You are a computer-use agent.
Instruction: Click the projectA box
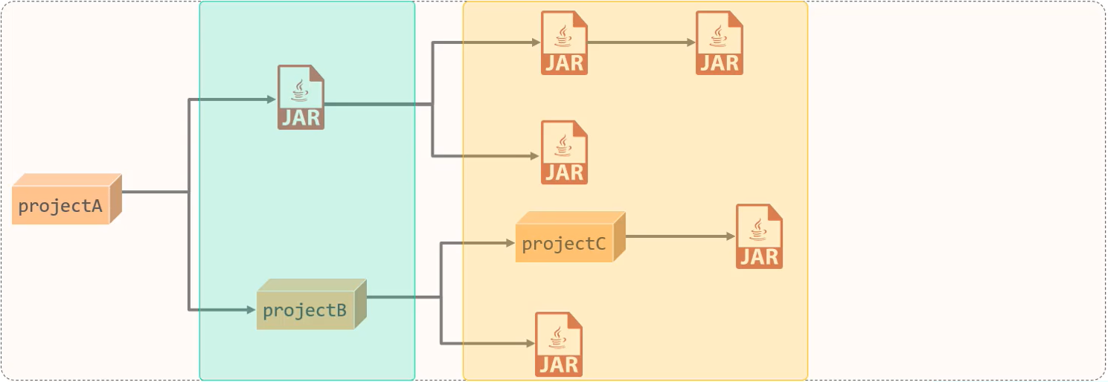(x=65, y=199)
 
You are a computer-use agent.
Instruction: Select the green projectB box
(x=310, y=305)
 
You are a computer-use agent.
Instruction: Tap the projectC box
(x=569, y=238)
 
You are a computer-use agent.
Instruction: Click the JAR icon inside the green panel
(x=301, y=97)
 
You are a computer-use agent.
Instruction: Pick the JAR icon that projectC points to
(x=759, y=236)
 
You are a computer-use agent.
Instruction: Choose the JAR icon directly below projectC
(x=558, y=344)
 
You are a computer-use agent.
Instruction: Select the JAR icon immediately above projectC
(x=564, y=152)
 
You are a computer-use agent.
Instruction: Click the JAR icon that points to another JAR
(x=564, y=43)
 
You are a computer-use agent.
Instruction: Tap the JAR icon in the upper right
(x=719, y=43)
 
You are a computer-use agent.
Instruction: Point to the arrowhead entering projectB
(x=252, y=309)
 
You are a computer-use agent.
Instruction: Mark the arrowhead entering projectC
(x=510, y=243)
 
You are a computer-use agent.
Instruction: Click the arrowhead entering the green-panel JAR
(x=272, y=100)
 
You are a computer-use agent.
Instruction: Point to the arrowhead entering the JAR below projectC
(x=531, y=343)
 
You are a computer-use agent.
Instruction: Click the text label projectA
(x=60, y=207)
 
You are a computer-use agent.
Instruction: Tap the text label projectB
(x=304, y=311)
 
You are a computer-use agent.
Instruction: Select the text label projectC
(x=563, y=244)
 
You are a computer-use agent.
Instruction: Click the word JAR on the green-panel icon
(x=301, y=117)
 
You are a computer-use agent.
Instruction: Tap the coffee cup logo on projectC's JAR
(x=759, y=229)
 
